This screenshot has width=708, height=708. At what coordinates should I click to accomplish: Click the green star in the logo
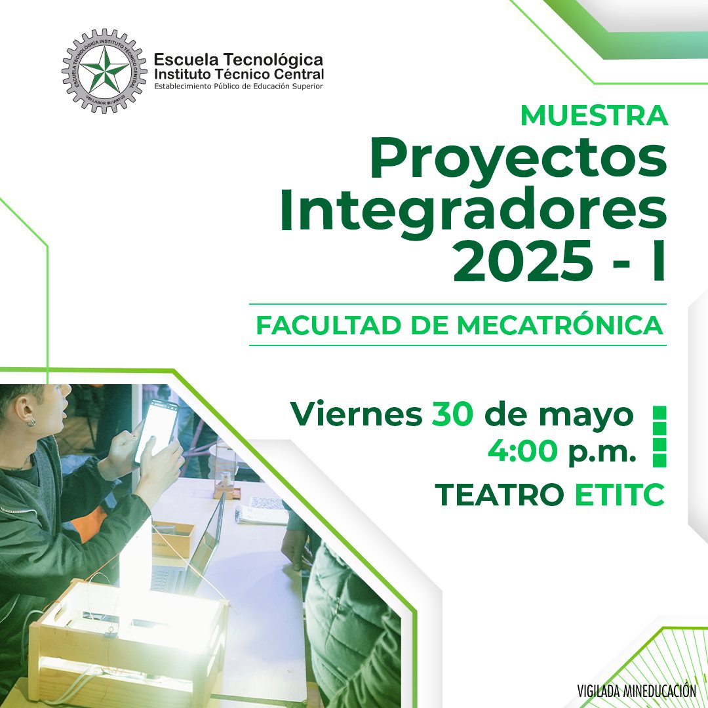[105, 70]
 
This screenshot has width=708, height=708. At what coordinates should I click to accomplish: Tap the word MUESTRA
[594, 116]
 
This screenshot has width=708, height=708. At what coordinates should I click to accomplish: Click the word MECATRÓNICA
[560, 326]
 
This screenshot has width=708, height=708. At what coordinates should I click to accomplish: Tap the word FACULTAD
[328, 326]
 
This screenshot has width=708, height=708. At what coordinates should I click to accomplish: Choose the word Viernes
[357, 414]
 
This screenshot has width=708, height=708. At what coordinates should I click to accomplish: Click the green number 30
[452, 414]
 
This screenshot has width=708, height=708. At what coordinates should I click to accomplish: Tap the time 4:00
[522, 450]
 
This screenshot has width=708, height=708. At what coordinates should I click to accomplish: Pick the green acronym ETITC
[619, 495]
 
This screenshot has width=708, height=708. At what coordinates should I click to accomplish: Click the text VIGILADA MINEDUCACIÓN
[637, 691]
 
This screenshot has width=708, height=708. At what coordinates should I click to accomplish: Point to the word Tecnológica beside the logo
[273, 60]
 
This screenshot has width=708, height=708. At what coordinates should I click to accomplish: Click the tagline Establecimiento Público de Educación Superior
[239, 87]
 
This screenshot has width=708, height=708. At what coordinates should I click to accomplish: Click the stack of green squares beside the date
[659, 436]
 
